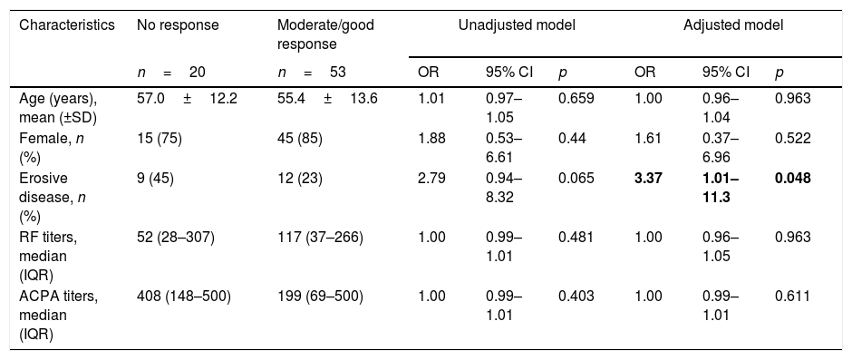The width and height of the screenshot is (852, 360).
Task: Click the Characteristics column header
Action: [67, 25]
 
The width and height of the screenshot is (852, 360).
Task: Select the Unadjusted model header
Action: [517, 25]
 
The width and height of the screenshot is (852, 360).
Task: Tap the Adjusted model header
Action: [733, 25]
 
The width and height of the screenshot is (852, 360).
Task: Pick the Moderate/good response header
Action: [325, 34]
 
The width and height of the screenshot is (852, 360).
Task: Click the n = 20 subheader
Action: [170, 72]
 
